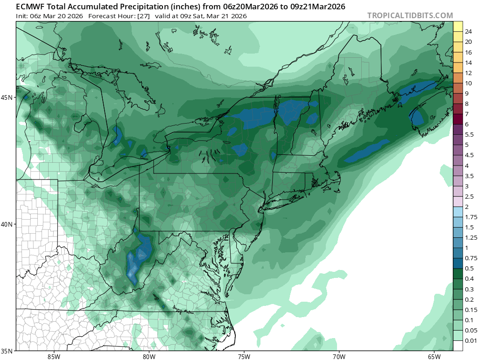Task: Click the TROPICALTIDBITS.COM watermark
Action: point(410,15)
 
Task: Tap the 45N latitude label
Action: point(8,97)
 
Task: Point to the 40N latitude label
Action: point(8,224)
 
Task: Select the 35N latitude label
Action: point(8,351)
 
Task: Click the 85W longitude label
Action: point(54,357)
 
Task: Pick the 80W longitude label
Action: point(149,357)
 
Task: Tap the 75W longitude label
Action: point(244,357)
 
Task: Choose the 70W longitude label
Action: point(339,357)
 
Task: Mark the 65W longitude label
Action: point(434,357)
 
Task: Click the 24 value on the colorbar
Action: point(469,32)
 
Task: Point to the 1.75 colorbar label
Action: point(471,217)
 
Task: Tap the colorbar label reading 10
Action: point(469,83)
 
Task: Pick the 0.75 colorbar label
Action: point(471,258)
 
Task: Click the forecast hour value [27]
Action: point(142,16)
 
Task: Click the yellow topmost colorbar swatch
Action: point(457,26)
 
